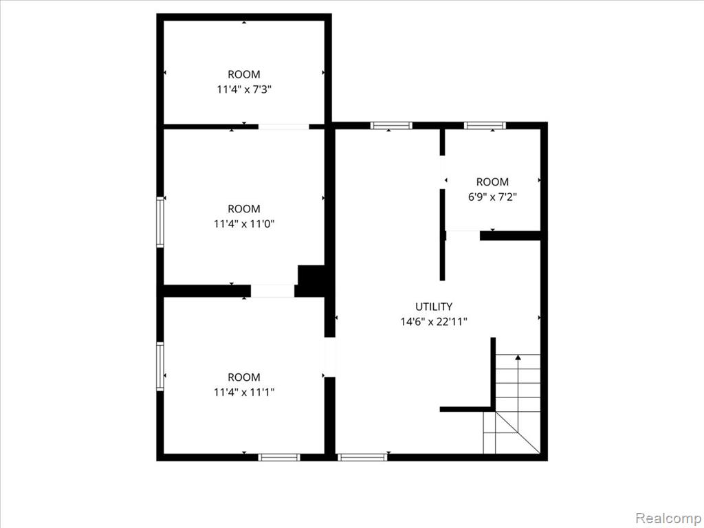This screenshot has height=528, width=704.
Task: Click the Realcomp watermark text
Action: click(x=668, y=518)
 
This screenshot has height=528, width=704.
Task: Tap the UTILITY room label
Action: click(x=434, y=307)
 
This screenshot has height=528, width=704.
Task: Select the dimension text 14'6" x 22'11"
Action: click(x=434, y=322)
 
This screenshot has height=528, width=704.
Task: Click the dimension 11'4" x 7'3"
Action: click(x=244, y=89)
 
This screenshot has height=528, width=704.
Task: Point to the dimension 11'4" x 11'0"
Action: click(x=244, y=223)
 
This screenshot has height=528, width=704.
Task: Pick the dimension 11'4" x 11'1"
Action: click(x=244, y=392)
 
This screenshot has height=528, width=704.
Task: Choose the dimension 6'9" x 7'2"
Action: click(x=492, y=197)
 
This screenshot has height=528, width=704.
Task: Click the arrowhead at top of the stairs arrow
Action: click(x=518, y=357)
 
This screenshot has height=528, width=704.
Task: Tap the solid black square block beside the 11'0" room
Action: click(x=311, y=280)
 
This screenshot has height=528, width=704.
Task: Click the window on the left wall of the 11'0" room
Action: click(x=160, y=222)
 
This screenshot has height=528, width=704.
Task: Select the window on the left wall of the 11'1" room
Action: click(x=160, y=366)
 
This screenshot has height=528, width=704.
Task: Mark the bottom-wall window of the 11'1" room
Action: click(x=279, y=457)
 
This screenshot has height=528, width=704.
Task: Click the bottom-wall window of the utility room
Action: click(x=362, y=457)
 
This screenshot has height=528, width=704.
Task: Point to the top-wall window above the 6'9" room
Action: click(x=485, y=126)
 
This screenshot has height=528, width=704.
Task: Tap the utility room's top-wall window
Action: click(x=391, y=126)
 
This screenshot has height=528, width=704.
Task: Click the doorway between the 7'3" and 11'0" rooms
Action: click(x=284, y=126)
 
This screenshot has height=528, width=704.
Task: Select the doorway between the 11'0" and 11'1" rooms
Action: click(x=272, y=291)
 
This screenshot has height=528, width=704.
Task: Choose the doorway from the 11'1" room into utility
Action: click(x=330, y=357)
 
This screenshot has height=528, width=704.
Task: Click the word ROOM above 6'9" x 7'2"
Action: click(x=492, y=181)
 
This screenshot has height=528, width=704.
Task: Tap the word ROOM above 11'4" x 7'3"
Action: click(x=244, y=74)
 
